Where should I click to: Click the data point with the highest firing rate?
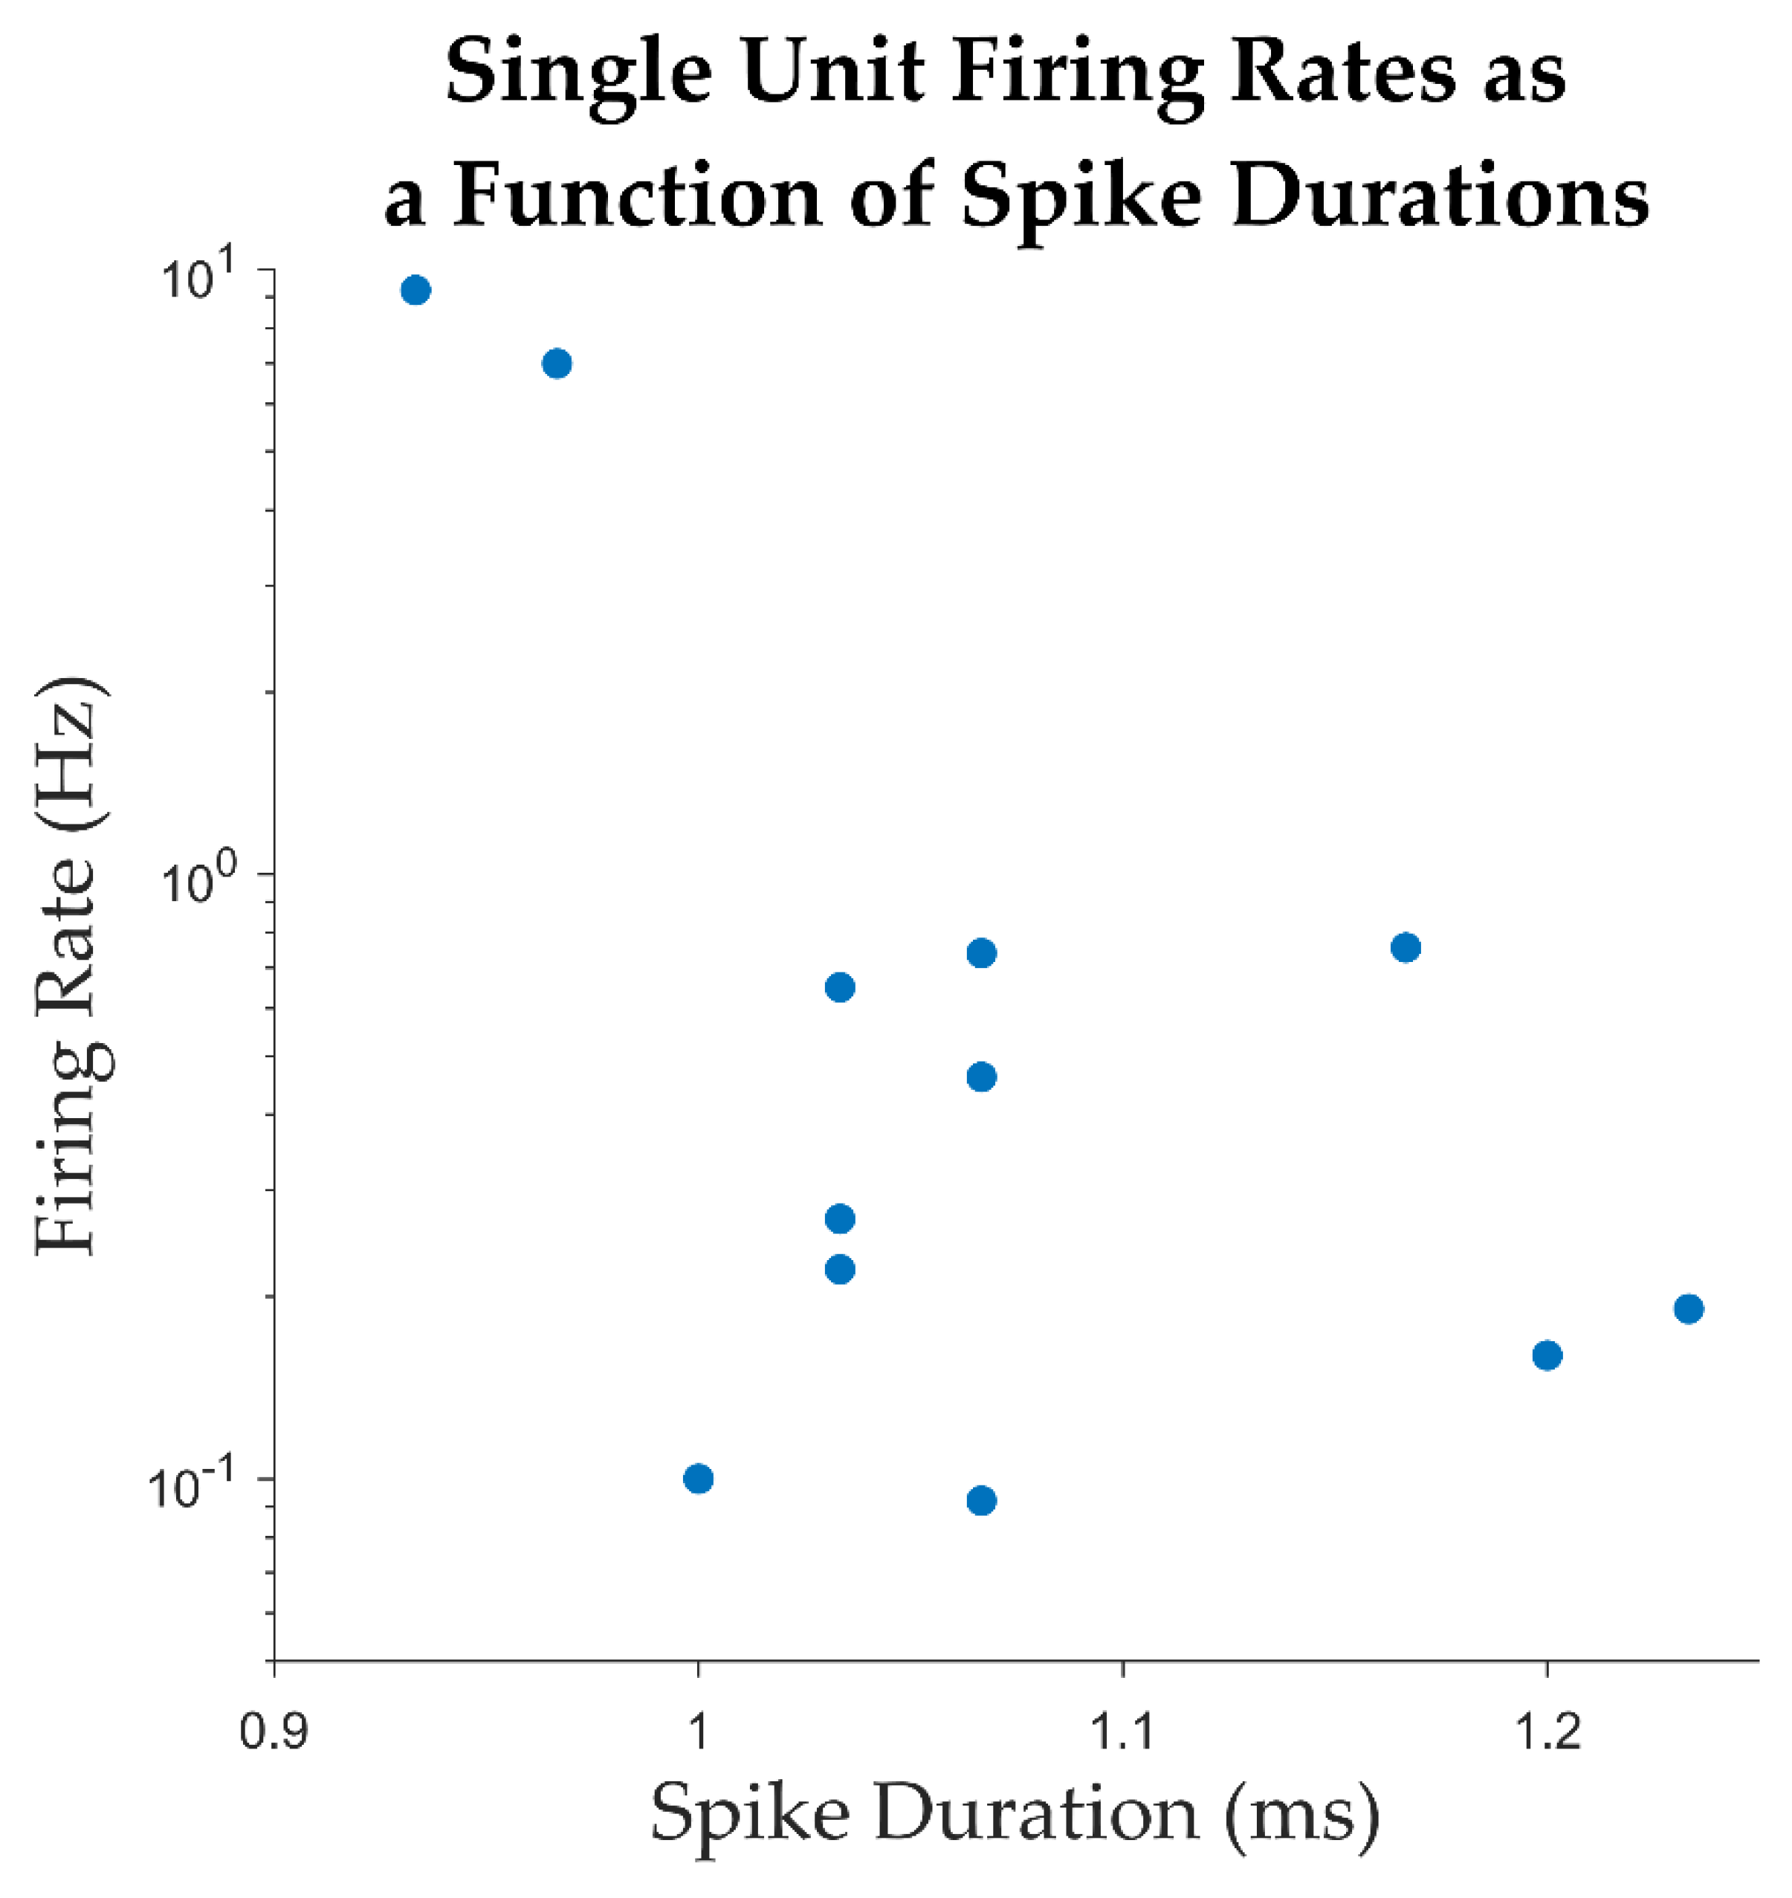pyautogui.click(x=415, y=289)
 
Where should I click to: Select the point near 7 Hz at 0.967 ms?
pyautogui.click(x=557, y=363)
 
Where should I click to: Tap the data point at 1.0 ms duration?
pyautogui.click(x=698, y=1479)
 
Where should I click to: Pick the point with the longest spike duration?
pyautogui.click(x=1688, y=1308)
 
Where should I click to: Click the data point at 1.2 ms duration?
pyautogui.click(x=1547, y=1355)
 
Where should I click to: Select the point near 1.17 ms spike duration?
pyautogui.click(x=1406, y=948)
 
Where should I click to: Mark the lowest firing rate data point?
pyautogui.click(x=981, y=1501)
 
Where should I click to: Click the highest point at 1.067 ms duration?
pyautogui.click(x=981, y=952)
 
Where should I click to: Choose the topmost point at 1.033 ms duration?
pyautogui.click(x=838, y=987)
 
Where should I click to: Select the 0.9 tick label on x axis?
pyautogui.click(x=274, y=1731)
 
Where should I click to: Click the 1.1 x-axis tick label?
pyautogui.click(x=1122, y=1731)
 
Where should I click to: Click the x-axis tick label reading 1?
pyautogui.click(x=698, y=1731)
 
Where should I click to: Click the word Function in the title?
pyautogui.click(x=637, y=197)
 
